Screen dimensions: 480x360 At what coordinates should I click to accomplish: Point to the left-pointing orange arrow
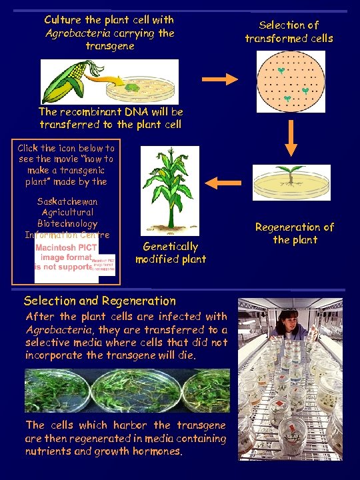pos(223,181)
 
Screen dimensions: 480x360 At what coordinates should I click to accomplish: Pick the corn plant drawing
pos(169,190)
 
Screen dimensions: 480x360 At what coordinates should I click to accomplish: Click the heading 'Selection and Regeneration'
pos(100,301)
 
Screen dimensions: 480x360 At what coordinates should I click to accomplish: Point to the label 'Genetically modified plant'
pos(171,253)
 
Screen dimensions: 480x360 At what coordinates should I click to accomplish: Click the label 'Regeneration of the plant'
pos(295,233)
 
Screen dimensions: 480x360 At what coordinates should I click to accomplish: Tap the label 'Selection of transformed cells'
pos(289,31)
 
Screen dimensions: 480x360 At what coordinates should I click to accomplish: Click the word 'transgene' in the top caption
pos(110,46)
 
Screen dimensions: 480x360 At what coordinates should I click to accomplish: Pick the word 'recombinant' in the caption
pos(91,112)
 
